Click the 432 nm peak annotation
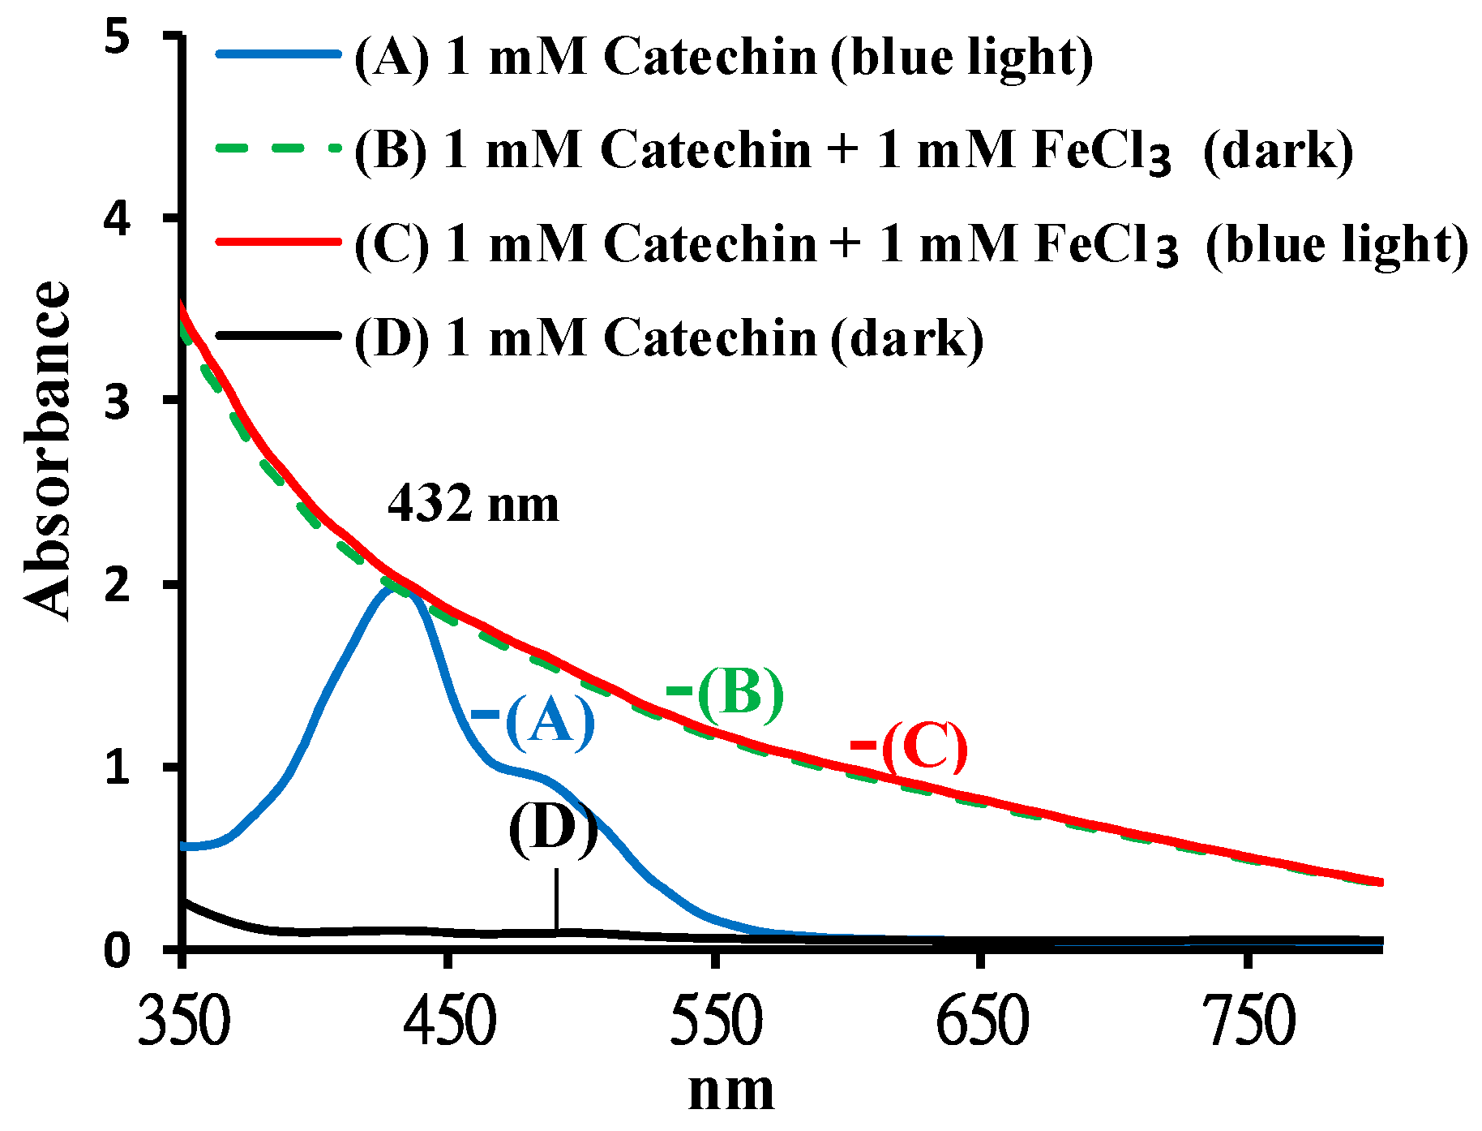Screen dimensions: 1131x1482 coord(473,504)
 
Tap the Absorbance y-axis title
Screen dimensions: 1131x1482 coord(47,451)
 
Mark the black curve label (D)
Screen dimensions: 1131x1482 coord(553,829)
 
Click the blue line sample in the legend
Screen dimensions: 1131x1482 coord(277,54)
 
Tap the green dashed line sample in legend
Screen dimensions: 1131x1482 coord(277,148)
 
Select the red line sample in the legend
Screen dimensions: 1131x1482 coord(277,241)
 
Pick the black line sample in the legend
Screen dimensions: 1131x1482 coord(277,334)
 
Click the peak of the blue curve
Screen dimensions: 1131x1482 coord(395,586)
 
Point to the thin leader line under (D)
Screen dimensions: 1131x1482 coord(556,899)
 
